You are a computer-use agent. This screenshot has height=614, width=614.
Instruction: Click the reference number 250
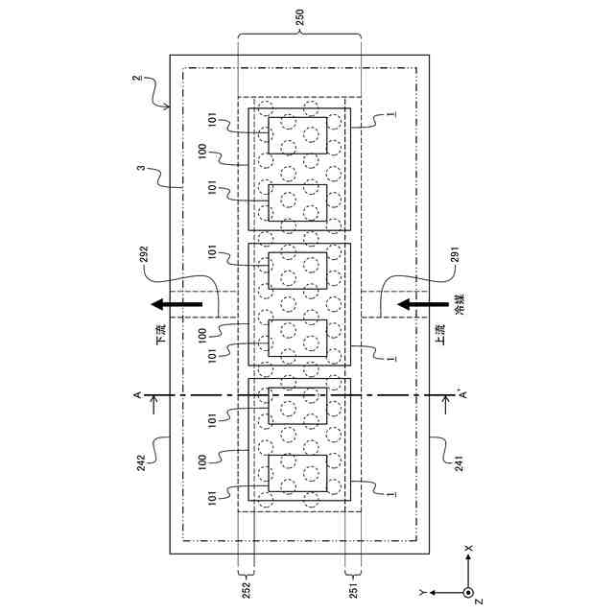coord(299,17)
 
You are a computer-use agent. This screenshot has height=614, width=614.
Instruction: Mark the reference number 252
coord(246,587)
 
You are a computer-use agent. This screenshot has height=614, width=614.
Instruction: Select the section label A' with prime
coord(459,393)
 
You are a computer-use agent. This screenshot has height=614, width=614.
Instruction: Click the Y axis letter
coord(421,592)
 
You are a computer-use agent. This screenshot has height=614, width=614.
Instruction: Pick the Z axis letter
coord(476,602)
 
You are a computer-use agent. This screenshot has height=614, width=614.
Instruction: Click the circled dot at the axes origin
coord(467,592)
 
